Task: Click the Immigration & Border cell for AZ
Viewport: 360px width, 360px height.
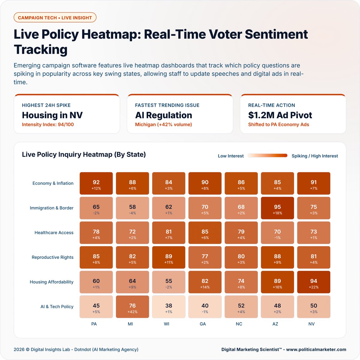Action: point(277,208)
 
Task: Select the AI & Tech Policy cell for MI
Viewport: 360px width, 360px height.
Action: point(132,307)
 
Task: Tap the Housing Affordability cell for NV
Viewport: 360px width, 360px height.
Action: point(313,282)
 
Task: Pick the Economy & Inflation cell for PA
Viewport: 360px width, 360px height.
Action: point(96,183)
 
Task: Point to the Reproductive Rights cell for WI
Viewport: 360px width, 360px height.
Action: point(169,257)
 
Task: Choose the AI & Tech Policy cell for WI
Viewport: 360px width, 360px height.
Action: point(169,307)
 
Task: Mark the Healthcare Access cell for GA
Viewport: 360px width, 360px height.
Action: point(205,232)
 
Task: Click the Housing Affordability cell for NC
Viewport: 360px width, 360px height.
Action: point(241,282)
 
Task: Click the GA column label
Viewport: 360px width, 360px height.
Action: point(203,324)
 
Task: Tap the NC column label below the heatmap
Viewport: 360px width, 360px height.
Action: point(239,324)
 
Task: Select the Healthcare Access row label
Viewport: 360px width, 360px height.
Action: point(54,232)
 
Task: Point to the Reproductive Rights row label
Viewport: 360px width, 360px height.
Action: point(52,257)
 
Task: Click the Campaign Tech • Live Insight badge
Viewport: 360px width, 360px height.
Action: point(55,18)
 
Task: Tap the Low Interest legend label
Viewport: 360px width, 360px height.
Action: point(231,156)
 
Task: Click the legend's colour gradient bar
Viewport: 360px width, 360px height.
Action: point(268,156)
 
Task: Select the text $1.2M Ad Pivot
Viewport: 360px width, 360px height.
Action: point(280,115)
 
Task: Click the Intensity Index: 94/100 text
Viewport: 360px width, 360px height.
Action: point(48,124)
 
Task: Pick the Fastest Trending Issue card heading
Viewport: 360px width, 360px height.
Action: point(167,105)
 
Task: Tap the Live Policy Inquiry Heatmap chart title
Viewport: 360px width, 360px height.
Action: point(84,154)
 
